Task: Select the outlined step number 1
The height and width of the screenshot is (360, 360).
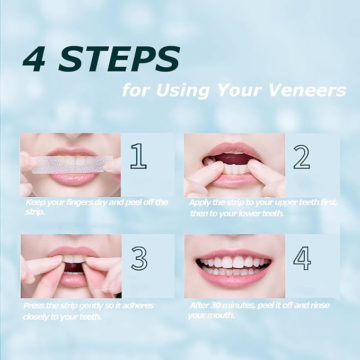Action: (138, 156)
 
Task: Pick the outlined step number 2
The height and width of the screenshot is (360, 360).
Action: (302, 157)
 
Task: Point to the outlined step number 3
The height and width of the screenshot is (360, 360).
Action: (139, 259)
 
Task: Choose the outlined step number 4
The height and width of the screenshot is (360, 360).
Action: (302, 258)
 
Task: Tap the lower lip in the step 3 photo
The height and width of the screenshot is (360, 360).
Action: (72, 279)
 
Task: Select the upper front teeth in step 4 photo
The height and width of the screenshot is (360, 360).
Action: (234, 262)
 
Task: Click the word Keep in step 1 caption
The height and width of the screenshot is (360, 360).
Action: (34, 203)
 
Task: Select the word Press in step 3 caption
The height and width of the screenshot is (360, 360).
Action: (34, 306)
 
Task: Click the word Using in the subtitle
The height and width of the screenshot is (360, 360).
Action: (182, 90)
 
